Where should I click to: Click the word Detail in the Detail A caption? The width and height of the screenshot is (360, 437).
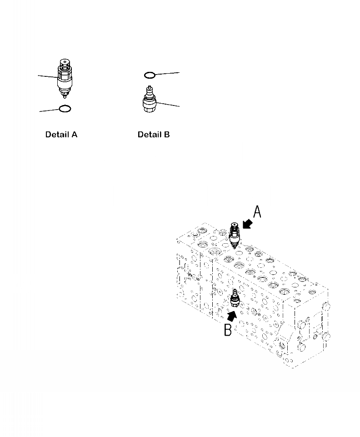click(x=56, y=135)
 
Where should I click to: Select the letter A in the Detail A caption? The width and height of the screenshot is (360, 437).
click(x=74, y=135)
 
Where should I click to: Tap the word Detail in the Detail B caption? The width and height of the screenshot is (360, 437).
click(x=148, y=135)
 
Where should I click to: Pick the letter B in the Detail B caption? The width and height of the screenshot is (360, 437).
click(x=166, y=135)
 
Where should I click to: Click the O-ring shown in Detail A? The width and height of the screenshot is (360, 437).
click(x=65, y=109)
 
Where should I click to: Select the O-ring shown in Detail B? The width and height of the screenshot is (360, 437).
click(x=150, y=75)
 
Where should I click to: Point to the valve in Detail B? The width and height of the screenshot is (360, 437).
click(x=148, y=103)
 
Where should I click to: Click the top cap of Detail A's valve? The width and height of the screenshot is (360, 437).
click(x=65, y=63)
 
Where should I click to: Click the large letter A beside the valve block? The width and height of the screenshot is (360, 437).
click(x=257, y=212)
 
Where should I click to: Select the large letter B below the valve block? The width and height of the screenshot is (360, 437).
click(x=228, y=329)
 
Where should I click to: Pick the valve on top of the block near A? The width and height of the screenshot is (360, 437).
click(x=235, y=234)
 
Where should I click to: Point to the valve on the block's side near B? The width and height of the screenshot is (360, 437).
click(x=235, y=298)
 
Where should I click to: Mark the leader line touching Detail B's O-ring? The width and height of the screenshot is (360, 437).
click(x=168, y=73)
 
